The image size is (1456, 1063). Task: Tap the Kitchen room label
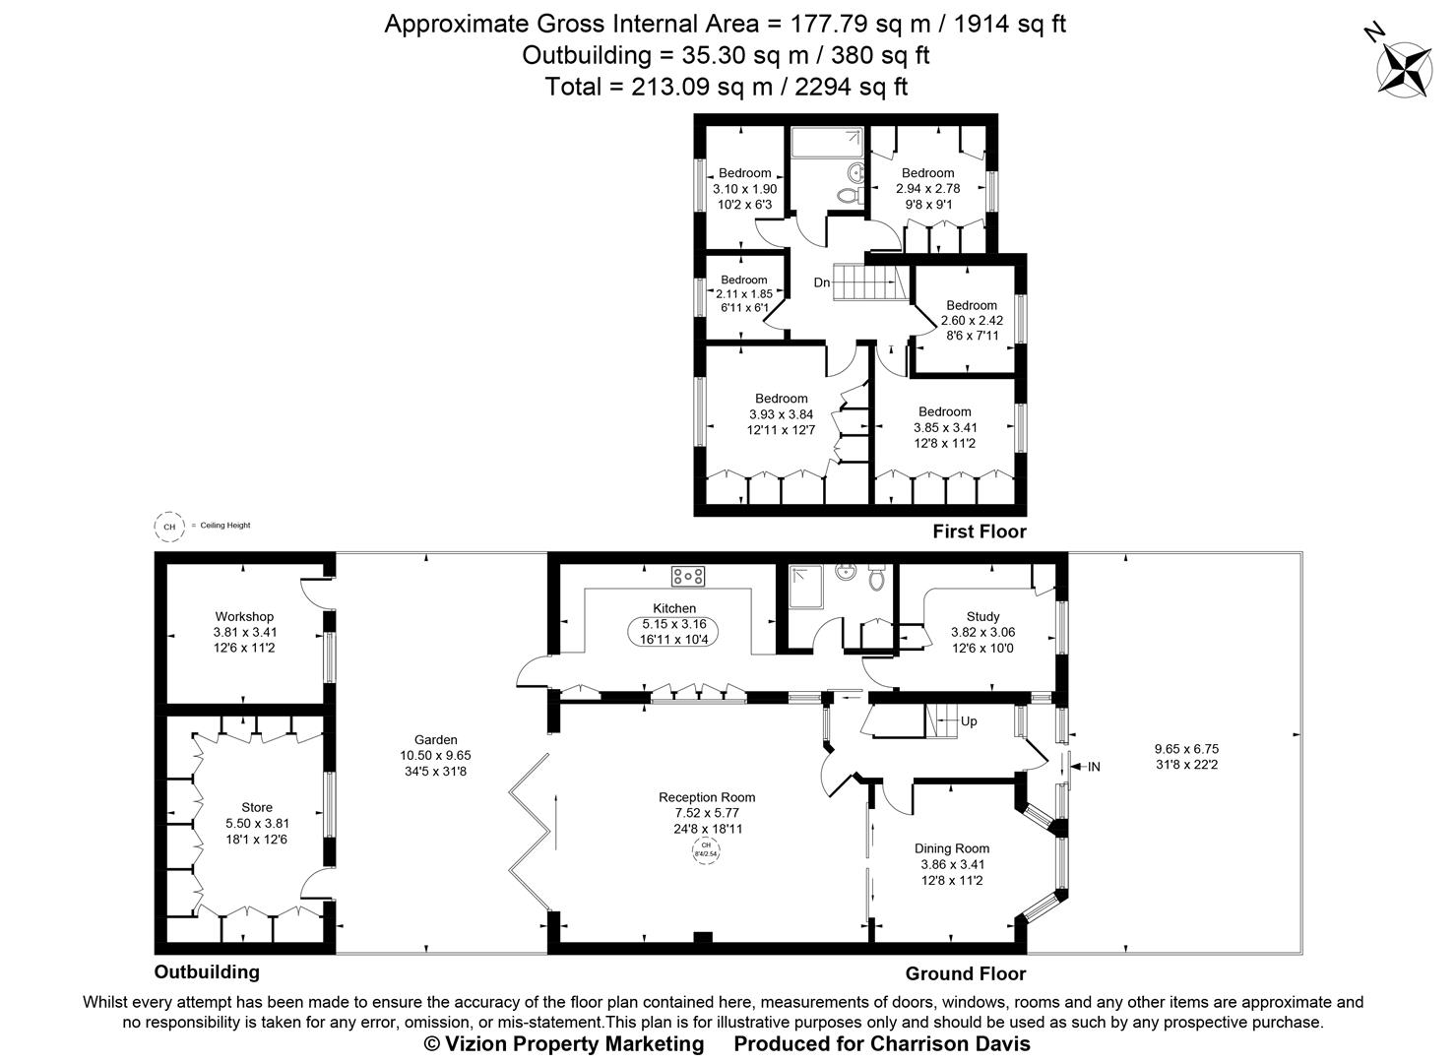(674, 608)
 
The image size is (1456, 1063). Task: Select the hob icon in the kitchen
(687, 575)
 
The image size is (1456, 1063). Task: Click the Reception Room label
(707, 797)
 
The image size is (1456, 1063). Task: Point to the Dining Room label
(951, 848)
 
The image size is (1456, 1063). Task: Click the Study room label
(982, 617)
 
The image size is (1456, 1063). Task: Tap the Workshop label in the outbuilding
(244, 617)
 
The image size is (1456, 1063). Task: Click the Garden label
(435, 740)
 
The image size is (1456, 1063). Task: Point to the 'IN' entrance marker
(1093, 766)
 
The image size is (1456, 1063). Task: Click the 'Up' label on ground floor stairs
(969, 721)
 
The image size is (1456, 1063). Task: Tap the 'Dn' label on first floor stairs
(822, 282)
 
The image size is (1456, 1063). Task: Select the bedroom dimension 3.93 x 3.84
(781, 414)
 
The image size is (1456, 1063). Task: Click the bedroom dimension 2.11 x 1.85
(743, 293)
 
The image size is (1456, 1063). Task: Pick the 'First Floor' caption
(979, 531)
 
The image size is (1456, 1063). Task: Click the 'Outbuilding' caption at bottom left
(207, 971)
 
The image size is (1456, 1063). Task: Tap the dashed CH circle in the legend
(169, 527)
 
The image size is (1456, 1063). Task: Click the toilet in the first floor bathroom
(846, 197)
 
